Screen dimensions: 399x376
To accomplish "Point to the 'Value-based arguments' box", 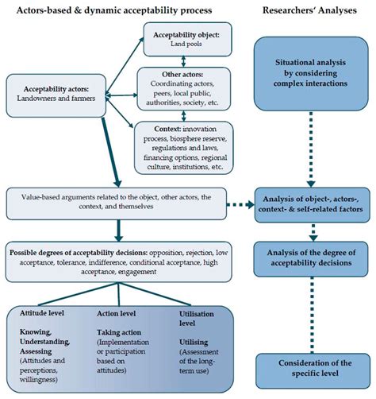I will (132, 202).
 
